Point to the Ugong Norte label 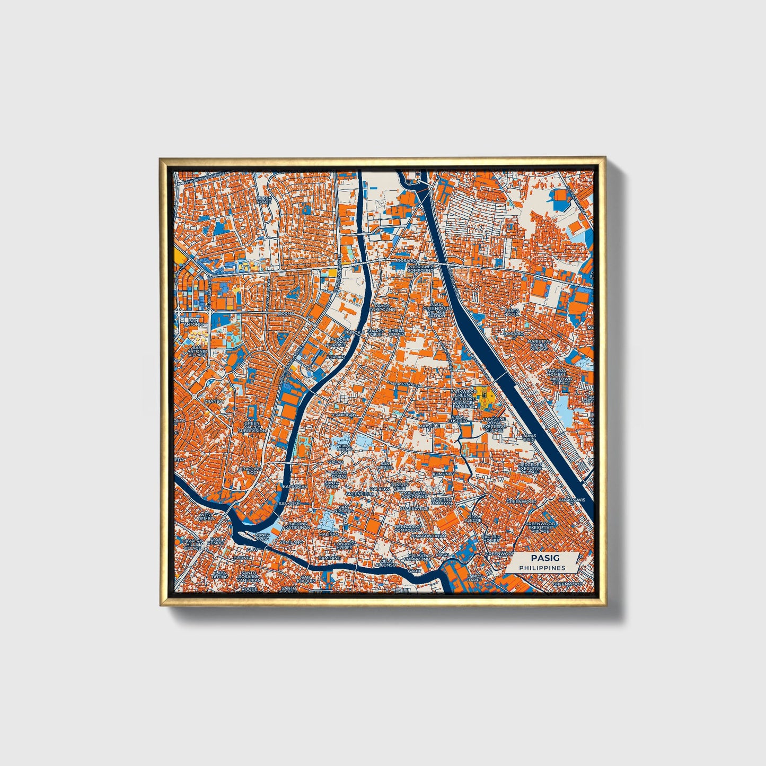click(x=263, y=200)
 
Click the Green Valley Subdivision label click(x=252, y=427)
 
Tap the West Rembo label click(x=206, y=516)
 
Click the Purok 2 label click(x=334, y=357)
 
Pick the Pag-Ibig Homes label click(x=490, y=539)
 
